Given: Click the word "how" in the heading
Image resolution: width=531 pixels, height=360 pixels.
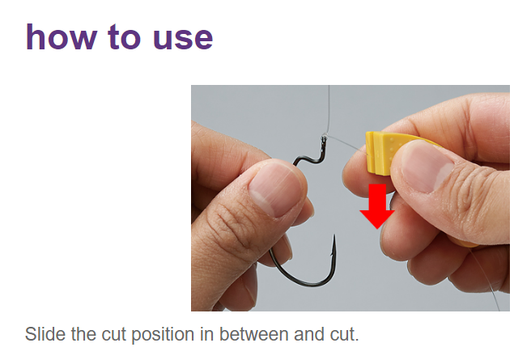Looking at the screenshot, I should point(58,36).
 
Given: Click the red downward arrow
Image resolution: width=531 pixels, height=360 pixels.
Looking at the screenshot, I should point(377,206).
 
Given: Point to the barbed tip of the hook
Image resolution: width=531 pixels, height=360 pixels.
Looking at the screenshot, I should point(333,243).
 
